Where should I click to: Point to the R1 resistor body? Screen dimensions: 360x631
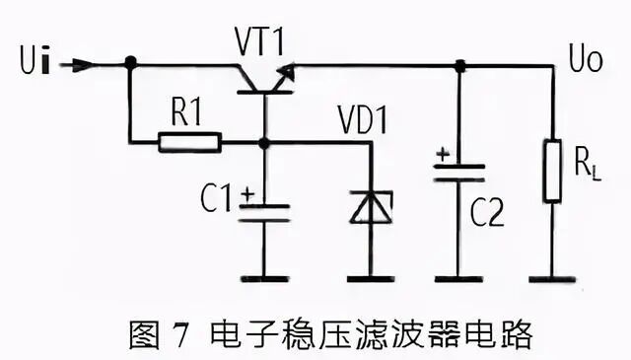[188, 143]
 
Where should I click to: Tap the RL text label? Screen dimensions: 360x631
[586, 164]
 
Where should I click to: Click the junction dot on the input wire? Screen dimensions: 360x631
[130, 63]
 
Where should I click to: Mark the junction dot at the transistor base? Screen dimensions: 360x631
[263, 143]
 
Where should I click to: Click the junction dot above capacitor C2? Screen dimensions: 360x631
[459, 65]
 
